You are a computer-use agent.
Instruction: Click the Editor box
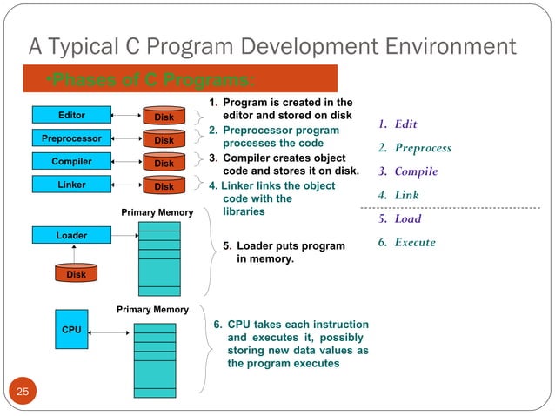pos(71,114)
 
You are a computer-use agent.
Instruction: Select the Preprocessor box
pos(71,138)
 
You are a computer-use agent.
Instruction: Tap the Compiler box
pos(71,161)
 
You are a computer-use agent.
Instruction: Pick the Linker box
pos(71,185)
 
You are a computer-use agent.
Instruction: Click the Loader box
pos(71,235)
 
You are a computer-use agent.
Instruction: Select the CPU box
pos(71,331)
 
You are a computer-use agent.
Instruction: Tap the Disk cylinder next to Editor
pos(164,116)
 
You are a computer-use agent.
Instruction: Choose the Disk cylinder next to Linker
pos(164,186)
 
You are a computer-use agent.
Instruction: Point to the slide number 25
pos(22,393)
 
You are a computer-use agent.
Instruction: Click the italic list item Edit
pos(405,124)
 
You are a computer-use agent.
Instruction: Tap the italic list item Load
pos(407,218)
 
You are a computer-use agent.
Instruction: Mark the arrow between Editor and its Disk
pos(126,114)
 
